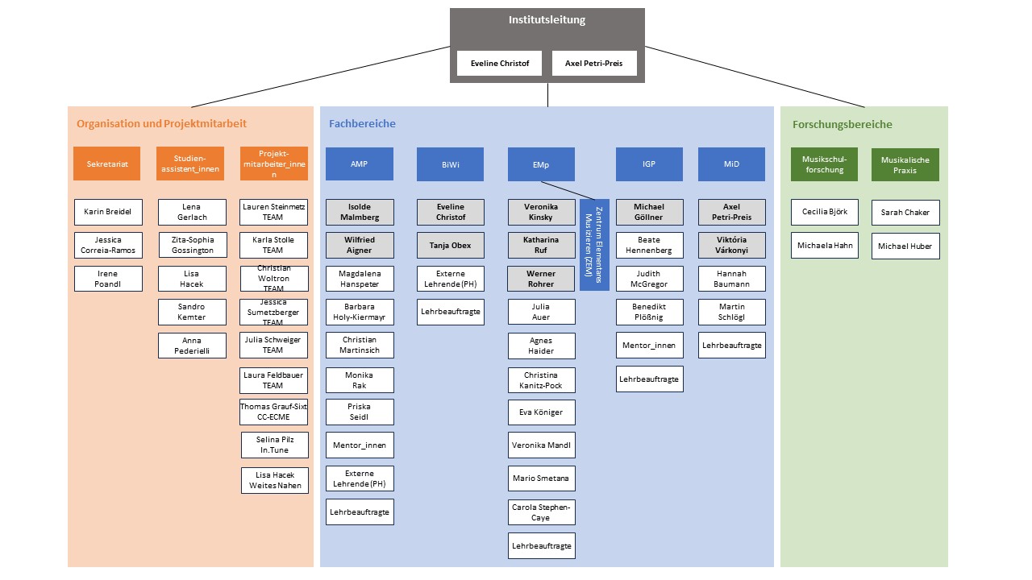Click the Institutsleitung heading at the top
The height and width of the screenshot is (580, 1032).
pos(547,20)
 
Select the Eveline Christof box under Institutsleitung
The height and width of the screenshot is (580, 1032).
pos(499,64)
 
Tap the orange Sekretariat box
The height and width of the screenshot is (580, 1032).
pos(106,164)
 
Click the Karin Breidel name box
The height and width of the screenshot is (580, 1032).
pos(108,212)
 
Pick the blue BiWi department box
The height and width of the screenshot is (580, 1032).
pos(450,164)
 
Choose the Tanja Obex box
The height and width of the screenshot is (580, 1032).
pos(450,245)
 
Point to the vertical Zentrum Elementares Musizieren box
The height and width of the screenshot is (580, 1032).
pos(594,244)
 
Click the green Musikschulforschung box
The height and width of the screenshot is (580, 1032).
pos(824,164)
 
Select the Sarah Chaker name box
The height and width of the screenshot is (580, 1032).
pos(905,213)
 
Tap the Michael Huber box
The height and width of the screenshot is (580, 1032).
pos(905,246)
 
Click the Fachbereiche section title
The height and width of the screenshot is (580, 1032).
pos(362,124)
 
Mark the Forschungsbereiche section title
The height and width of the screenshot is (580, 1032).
pos(842,125)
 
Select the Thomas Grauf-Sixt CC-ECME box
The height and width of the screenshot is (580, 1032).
pos(273,412)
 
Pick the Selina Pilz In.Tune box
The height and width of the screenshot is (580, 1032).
pos(274,445)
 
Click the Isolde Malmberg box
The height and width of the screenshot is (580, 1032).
pos(360,212)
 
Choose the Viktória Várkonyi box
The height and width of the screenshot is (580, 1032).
pos(731,245)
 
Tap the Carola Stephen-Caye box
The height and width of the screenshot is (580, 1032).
pos(541,512)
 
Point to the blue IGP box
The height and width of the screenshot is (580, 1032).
pos(649,164)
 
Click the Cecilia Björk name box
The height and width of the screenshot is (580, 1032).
pos(824,212)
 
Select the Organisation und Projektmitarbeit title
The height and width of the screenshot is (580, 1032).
pos(161,124)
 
